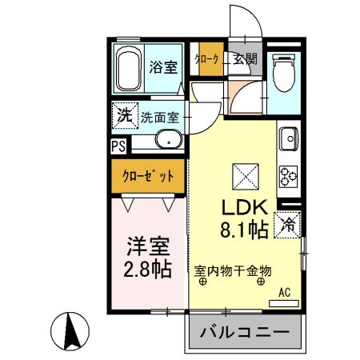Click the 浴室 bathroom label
163,67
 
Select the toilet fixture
282,74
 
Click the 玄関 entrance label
245,58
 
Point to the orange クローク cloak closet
211,58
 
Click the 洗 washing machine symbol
124,115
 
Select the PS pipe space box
118,146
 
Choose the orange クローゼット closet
148,175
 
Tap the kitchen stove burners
288,174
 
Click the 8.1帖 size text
243,231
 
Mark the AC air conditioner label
283,293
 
